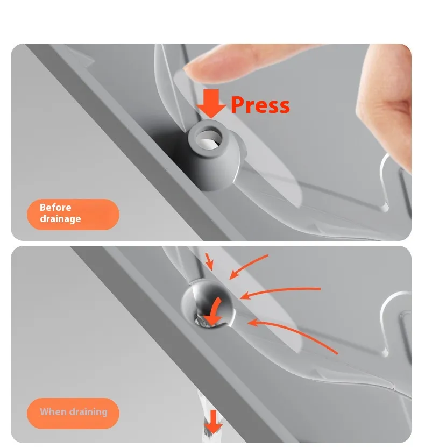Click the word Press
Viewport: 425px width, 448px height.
pos(260,105)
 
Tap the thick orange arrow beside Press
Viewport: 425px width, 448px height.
pos(211,103)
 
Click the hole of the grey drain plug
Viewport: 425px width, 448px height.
pos(209,139)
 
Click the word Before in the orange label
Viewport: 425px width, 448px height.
pos(55,207)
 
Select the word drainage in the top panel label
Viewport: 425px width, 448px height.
pos(60,219)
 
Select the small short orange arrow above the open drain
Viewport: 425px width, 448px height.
pos(209,261)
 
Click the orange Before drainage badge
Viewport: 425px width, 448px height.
pos(73,214)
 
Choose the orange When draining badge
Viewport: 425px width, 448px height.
pos(73,413)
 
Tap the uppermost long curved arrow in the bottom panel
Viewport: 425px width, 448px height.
pos(248,266)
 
